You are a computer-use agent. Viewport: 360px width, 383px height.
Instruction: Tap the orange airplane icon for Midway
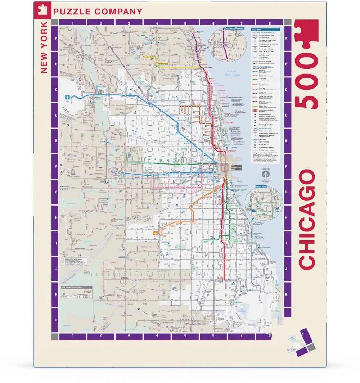coord(155,234)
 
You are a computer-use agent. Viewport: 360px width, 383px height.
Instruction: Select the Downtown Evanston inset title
coord(234,28)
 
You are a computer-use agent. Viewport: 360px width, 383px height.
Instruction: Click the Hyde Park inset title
coord(258,187)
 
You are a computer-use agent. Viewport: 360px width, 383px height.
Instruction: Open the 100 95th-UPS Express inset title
coord(72,287)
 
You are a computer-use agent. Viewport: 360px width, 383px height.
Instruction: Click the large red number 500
coord(307,65)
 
